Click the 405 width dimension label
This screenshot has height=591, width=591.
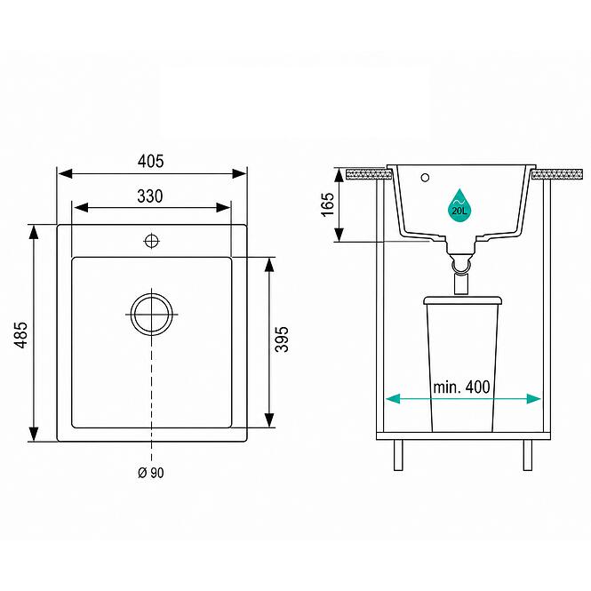[151, 162]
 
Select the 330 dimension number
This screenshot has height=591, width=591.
[150, 196]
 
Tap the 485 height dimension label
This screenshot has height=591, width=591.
[20, 335]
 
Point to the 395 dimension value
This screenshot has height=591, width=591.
[282, 339]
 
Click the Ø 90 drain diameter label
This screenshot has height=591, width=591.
[151, 473]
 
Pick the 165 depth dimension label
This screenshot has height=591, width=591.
[328, 204]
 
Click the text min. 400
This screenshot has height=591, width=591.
[461, 387]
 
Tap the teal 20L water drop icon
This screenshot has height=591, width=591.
[459, 205]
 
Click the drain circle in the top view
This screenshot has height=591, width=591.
[152, 315]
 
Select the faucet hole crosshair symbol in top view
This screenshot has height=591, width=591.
[151, 241]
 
